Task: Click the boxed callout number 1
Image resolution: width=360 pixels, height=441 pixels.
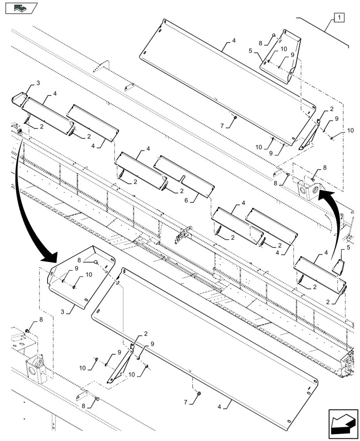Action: point(338,18)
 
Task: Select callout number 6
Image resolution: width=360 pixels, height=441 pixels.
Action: point(186,200)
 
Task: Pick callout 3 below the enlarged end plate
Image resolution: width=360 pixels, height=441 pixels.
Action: point(63,312)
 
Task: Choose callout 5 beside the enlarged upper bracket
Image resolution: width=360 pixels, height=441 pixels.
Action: point(250,51)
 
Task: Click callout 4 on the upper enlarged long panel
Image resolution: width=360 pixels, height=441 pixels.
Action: point(233,41)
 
